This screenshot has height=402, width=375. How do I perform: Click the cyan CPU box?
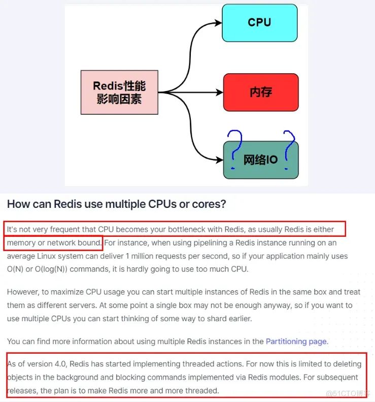tap(259, 23)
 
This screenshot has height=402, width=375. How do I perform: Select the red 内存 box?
tap(261, 92)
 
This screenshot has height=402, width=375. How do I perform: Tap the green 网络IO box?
tap(261, 160)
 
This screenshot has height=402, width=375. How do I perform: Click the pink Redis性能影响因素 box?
tap(119, 92)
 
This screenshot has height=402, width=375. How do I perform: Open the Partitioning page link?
tap(296, 342)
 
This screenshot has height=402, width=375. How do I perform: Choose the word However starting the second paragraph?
tap(23, 292)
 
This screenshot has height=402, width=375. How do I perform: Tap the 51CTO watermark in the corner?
tap(348, 393)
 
